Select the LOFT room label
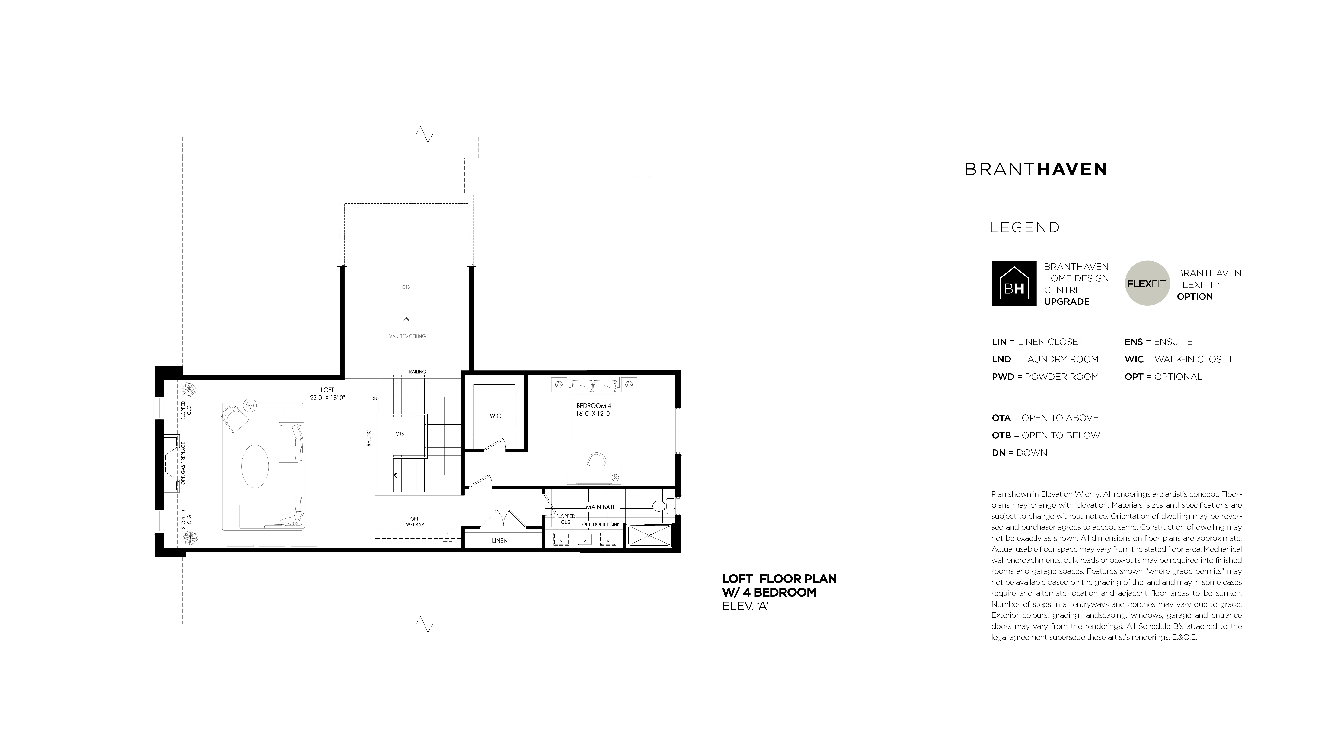327,390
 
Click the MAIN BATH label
601,507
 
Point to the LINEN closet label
500,540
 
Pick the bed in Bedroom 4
594,409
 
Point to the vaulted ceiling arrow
406,322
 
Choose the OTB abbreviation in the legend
1001,435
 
